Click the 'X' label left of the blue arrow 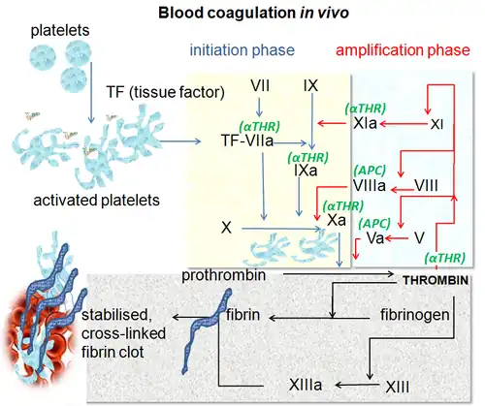(226, 228)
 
